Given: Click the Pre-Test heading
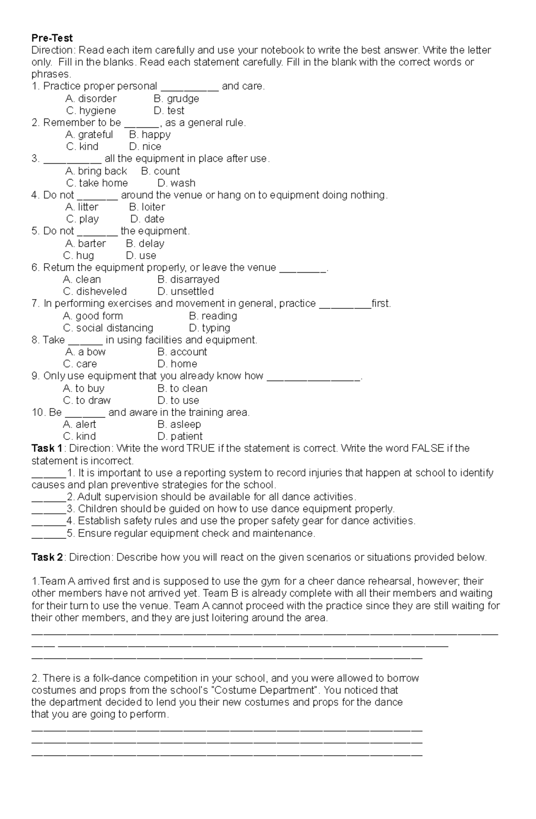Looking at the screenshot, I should (x=52, y=38).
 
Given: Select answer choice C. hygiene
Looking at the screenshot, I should (x=91, y=111).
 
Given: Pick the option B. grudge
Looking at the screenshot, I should (x=176, y=99).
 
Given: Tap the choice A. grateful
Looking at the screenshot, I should (x=89, y=135).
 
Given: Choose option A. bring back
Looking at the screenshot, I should (x=96, y=171).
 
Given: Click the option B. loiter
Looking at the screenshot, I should (x=147, y=207).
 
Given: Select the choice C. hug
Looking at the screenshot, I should (x=79, y=256).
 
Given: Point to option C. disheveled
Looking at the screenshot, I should (x=95, y=292).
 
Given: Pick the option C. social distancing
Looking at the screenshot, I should (x=108, y=328).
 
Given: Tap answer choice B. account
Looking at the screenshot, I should (x=182, y=352).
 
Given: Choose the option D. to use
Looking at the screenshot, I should (x=178, y=401).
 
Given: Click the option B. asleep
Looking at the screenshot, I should (x=179, y=424).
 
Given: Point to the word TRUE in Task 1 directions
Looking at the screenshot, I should (x=201, y=449).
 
